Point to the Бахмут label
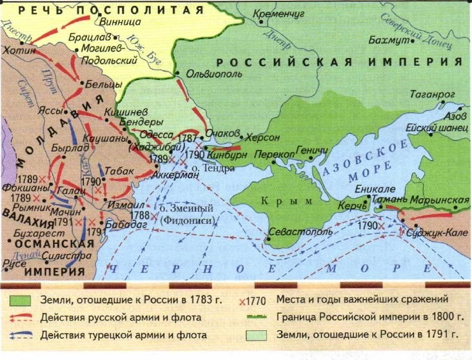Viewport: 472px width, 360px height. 388,41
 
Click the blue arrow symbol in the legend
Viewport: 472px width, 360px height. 22,335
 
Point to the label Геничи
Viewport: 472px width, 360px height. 312,151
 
